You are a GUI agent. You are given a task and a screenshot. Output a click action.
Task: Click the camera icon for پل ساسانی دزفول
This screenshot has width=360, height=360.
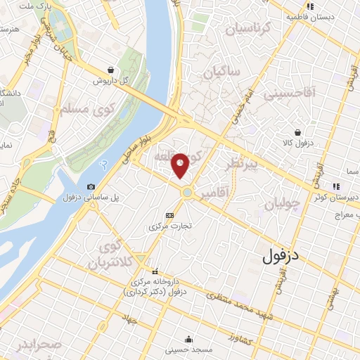pos(91,186)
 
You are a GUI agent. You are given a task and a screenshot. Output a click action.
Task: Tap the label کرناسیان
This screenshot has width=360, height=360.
pos(246,30)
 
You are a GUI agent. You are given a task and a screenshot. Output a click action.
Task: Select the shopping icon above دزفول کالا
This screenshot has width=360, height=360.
pos(299,131)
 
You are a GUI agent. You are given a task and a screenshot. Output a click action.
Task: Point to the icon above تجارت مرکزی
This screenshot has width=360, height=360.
pos(169,215)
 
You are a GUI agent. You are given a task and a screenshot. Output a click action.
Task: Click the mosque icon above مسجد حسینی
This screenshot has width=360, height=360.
pos(187,338)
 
